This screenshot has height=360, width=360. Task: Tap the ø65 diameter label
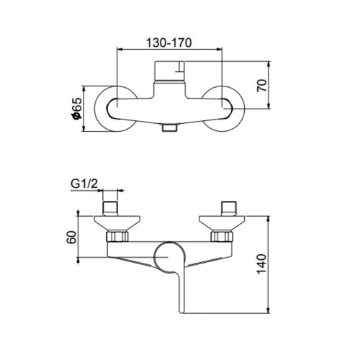tap(74, 109)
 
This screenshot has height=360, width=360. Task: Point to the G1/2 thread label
tap(85, 184)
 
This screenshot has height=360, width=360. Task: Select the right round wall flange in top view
tap(225, 109)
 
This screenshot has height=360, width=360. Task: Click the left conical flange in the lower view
tap(112, 222)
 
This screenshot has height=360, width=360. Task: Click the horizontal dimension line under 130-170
tap(170, 50)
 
